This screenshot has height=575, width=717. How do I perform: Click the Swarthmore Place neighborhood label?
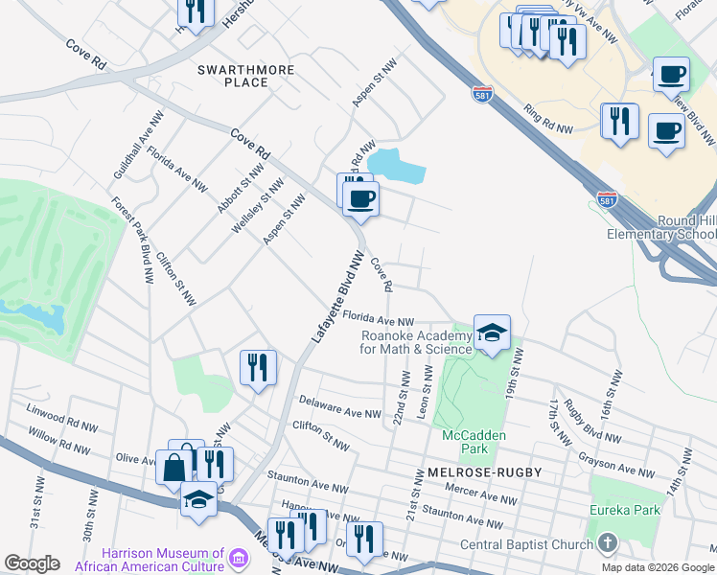click(x=233, y=76)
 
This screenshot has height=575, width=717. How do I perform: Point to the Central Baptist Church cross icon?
click(x=606, y=544)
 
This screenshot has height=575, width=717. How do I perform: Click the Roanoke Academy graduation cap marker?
click(x=492, y=333)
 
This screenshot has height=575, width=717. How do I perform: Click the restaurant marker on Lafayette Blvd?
click(x=258, y=367)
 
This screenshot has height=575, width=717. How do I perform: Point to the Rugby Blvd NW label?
click(x=582, y=418)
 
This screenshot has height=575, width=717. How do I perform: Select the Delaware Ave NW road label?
click(x=333, y=402)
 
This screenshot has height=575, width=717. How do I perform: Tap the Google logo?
click(x=32, y=563)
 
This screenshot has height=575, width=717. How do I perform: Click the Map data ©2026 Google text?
click(x=657, y=566)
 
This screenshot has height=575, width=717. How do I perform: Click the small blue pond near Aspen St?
click(x=396, y=166)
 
